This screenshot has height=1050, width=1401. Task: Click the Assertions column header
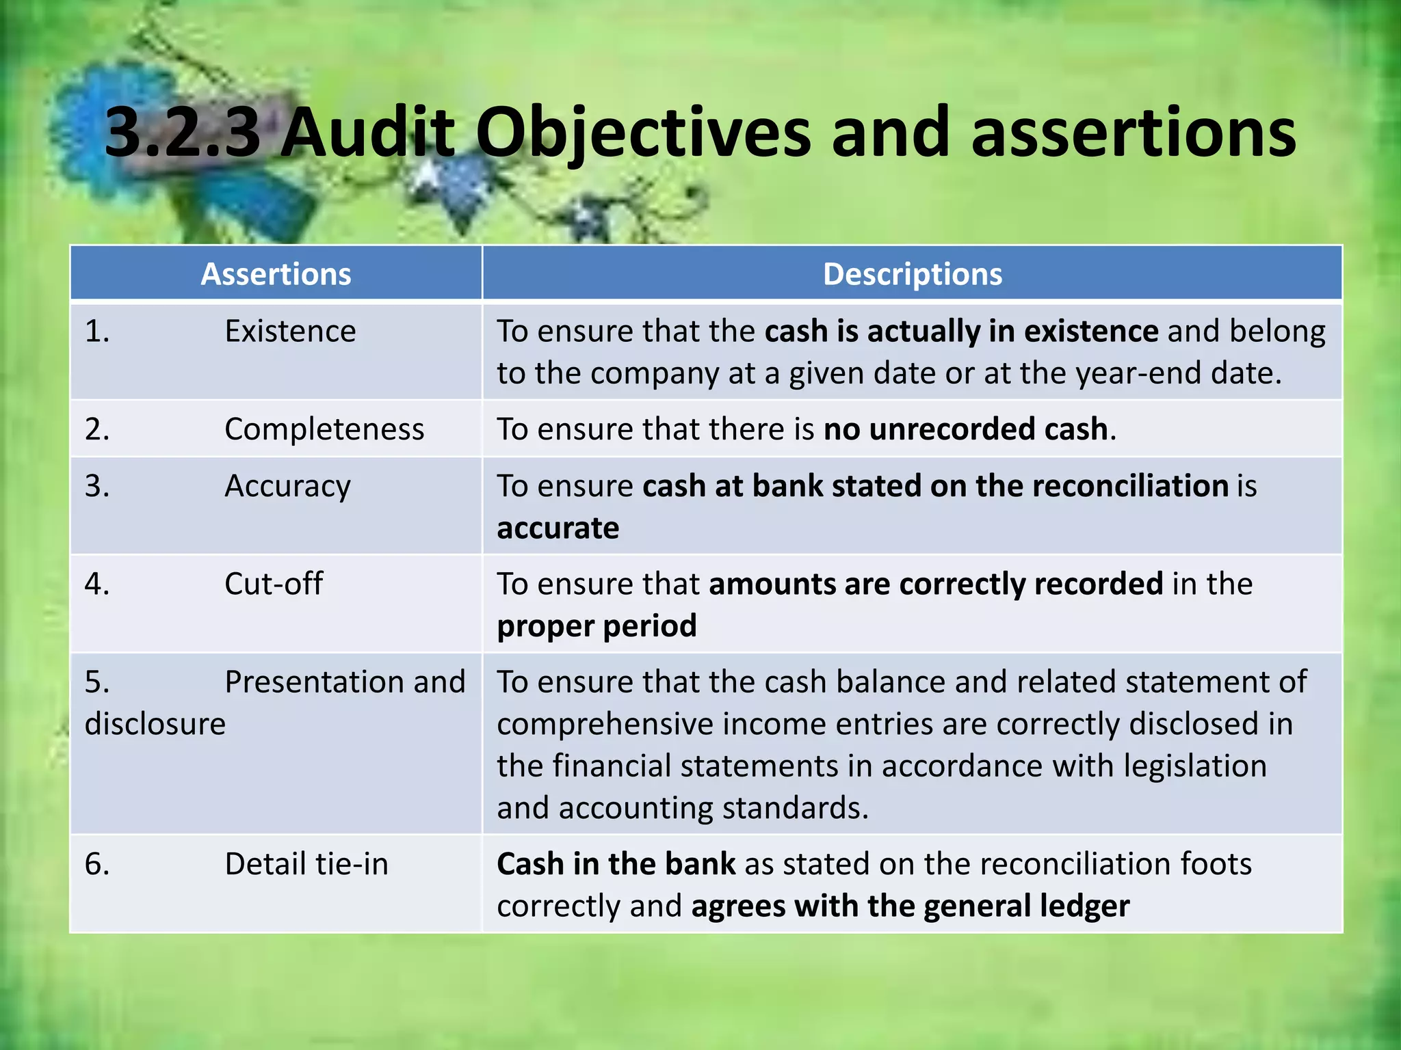[x=276, y=274]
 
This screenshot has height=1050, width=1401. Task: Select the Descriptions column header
[x=912, y=274]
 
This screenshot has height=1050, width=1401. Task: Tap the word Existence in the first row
[x=290, y=332]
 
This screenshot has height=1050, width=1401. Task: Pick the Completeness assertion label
[x=324, y=429]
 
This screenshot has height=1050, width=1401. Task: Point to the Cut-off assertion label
[x=274, y=584]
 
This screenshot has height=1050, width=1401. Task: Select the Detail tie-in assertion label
[x=306, y=864]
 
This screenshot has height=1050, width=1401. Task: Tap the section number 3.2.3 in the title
[x=182, y=133]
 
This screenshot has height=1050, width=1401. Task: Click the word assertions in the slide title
[x=1133, y=133]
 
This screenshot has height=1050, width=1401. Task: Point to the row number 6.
[x=97, y=864]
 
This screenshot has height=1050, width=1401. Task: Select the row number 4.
[x=97, y=584]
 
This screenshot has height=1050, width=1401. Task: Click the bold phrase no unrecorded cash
[x=965, y=429]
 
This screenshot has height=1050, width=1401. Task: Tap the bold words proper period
[x=597, y=626]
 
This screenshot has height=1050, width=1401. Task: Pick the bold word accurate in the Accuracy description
[x=558, y=528]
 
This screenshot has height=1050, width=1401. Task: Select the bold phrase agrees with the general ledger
[x=910, y=906]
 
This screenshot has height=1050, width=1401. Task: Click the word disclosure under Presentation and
[x=155, y=724]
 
